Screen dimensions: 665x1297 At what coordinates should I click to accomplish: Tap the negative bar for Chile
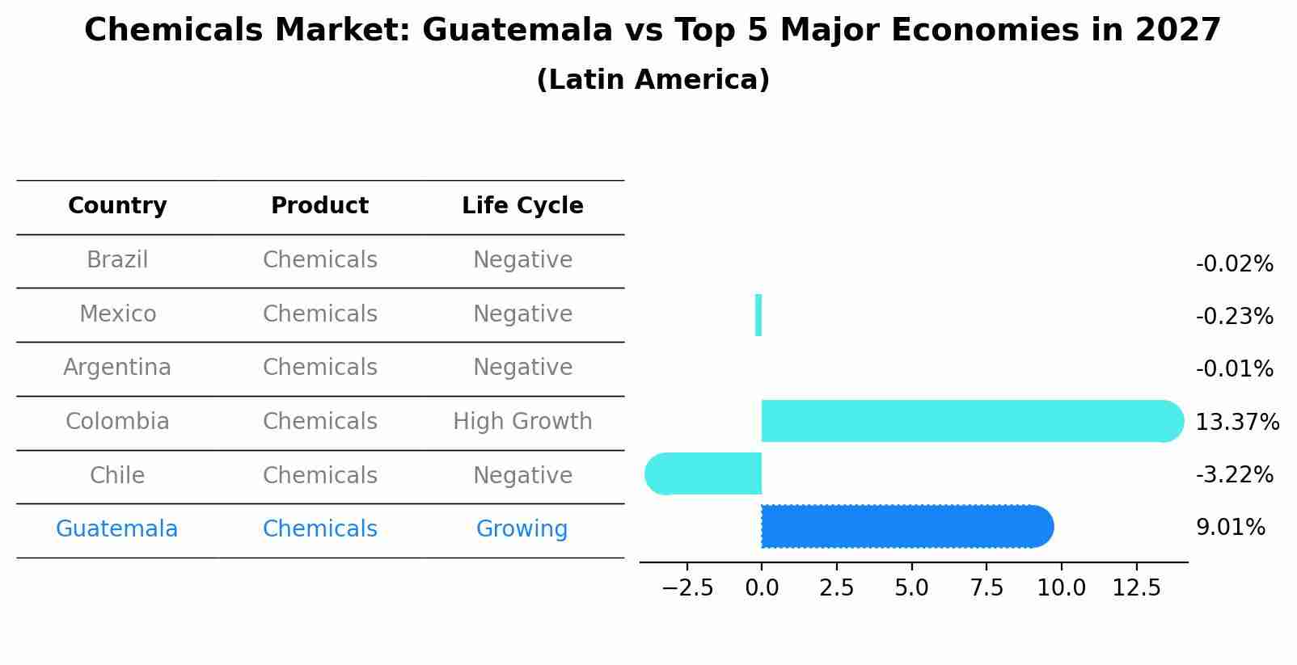pyautogui.click(x=703, y=474)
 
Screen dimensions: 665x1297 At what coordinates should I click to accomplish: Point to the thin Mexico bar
pyautogui.click(x=758, y=315)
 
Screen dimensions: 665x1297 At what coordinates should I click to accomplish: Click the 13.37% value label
pyautogui.click(x=1237, y=422)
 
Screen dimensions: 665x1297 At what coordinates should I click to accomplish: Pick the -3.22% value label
pyautogui.click(x=1234, y=474)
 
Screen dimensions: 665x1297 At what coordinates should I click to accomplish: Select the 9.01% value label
pyautogui.click(x=1230, y=528)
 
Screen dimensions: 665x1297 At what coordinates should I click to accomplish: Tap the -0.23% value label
pyautogui.click(x=1234, y=316)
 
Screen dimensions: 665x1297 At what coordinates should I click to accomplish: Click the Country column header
pyautogui.click(x=117, y=206)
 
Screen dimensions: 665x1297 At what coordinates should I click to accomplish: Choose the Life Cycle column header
pyautogui.click(x=522, y=206)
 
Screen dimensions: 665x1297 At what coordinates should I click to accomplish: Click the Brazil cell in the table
pyautogui.click(x=117, y=260)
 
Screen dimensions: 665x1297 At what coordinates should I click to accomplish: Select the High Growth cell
pyautogui.click(x=522, y=422)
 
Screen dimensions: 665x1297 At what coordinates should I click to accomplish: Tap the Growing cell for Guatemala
pyautogui.click(x=522, y=529)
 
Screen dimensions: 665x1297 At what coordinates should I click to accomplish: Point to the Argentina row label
pyautogui.click(x=117, y=368)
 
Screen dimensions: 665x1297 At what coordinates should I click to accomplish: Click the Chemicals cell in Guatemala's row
pyautogui.click(x=320, y=529)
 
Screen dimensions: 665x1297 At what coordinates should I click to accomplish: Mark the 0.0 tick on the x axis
pyautogui.click(x=762, y=588)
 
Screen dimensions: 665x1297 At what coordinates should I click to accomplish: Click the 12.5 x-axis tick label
pyautogui.click(x=1136, y=588)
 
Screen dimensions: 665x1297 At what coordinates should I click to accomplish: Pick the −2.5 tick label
pyautogui.click(x=687, y=588)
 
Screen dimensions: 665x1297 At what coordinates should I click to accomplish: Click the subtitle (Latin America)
pyautogui.click(x=653, y=80)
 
